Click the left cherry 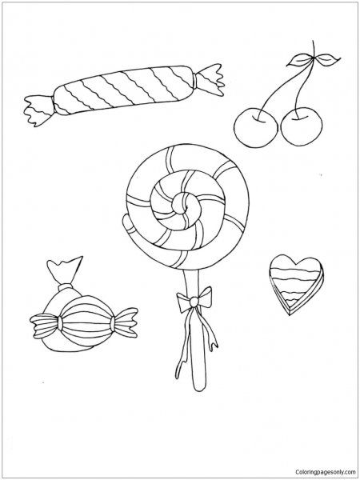pos(256,128)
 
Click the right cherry pos(302,126)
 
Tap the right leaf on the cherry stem pos(328,58)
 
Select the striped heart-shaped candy pos(296,284)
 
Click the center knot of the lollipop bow pos(194,302)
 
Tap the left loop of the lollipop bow pos(184,302)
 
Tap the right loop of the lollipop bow pos(205,297)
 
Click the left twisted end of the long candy pos(39,110)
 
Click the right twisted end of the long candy pos(210,79)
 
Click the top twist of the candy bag pos(65,270)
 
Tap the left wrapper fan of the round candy pos(45,325)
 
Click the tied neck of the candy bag pos(66,287)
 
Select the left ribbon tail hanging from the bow pos(183,343)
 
